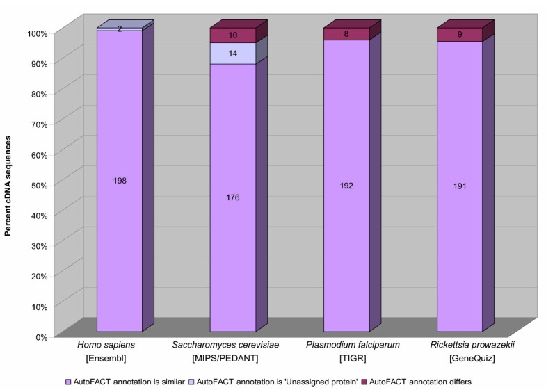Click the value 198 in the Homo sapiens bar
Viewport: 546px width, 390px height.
coord(120,181)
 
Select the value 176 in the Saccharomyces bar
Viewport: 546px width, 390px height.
coord(233,197)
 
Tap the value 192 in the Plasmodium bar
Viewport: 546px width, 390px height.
coord(346,186)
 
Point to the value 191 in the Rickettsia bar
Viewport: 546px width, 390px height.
coord(460,186)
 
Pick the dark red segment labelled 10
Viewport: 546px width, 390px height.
coord(233,35)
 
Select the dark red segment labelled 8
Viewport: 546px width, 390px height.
coord(346,34)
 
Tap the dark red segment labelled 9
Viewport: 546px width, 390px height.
coord(460,35)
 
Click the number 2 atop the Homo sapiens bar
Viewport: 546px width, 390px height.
coord(120,29)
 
